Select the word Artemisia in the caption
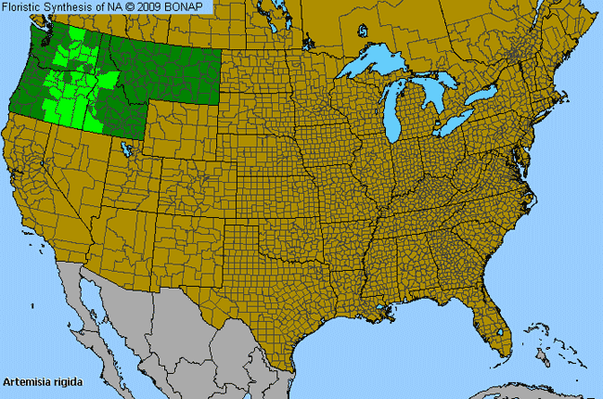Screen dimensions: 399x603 pos(27,381)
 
